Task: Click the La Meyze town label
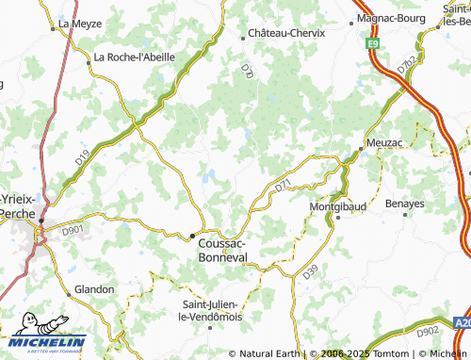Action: (x=79, y=24)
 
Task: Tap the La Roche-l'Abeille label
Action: (x=135, y=57)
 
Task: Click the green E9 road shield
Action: (x=373, y=42)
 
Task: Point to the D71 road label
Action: (x=284, y=188)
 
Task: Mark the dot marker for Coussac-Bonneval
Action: (x=193, y=236)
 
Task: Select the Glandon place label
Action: (x=94, y=289)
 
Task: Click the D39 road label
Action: (x=311, y=272)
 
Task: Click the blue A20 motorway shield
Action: (x=461, y=321)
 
